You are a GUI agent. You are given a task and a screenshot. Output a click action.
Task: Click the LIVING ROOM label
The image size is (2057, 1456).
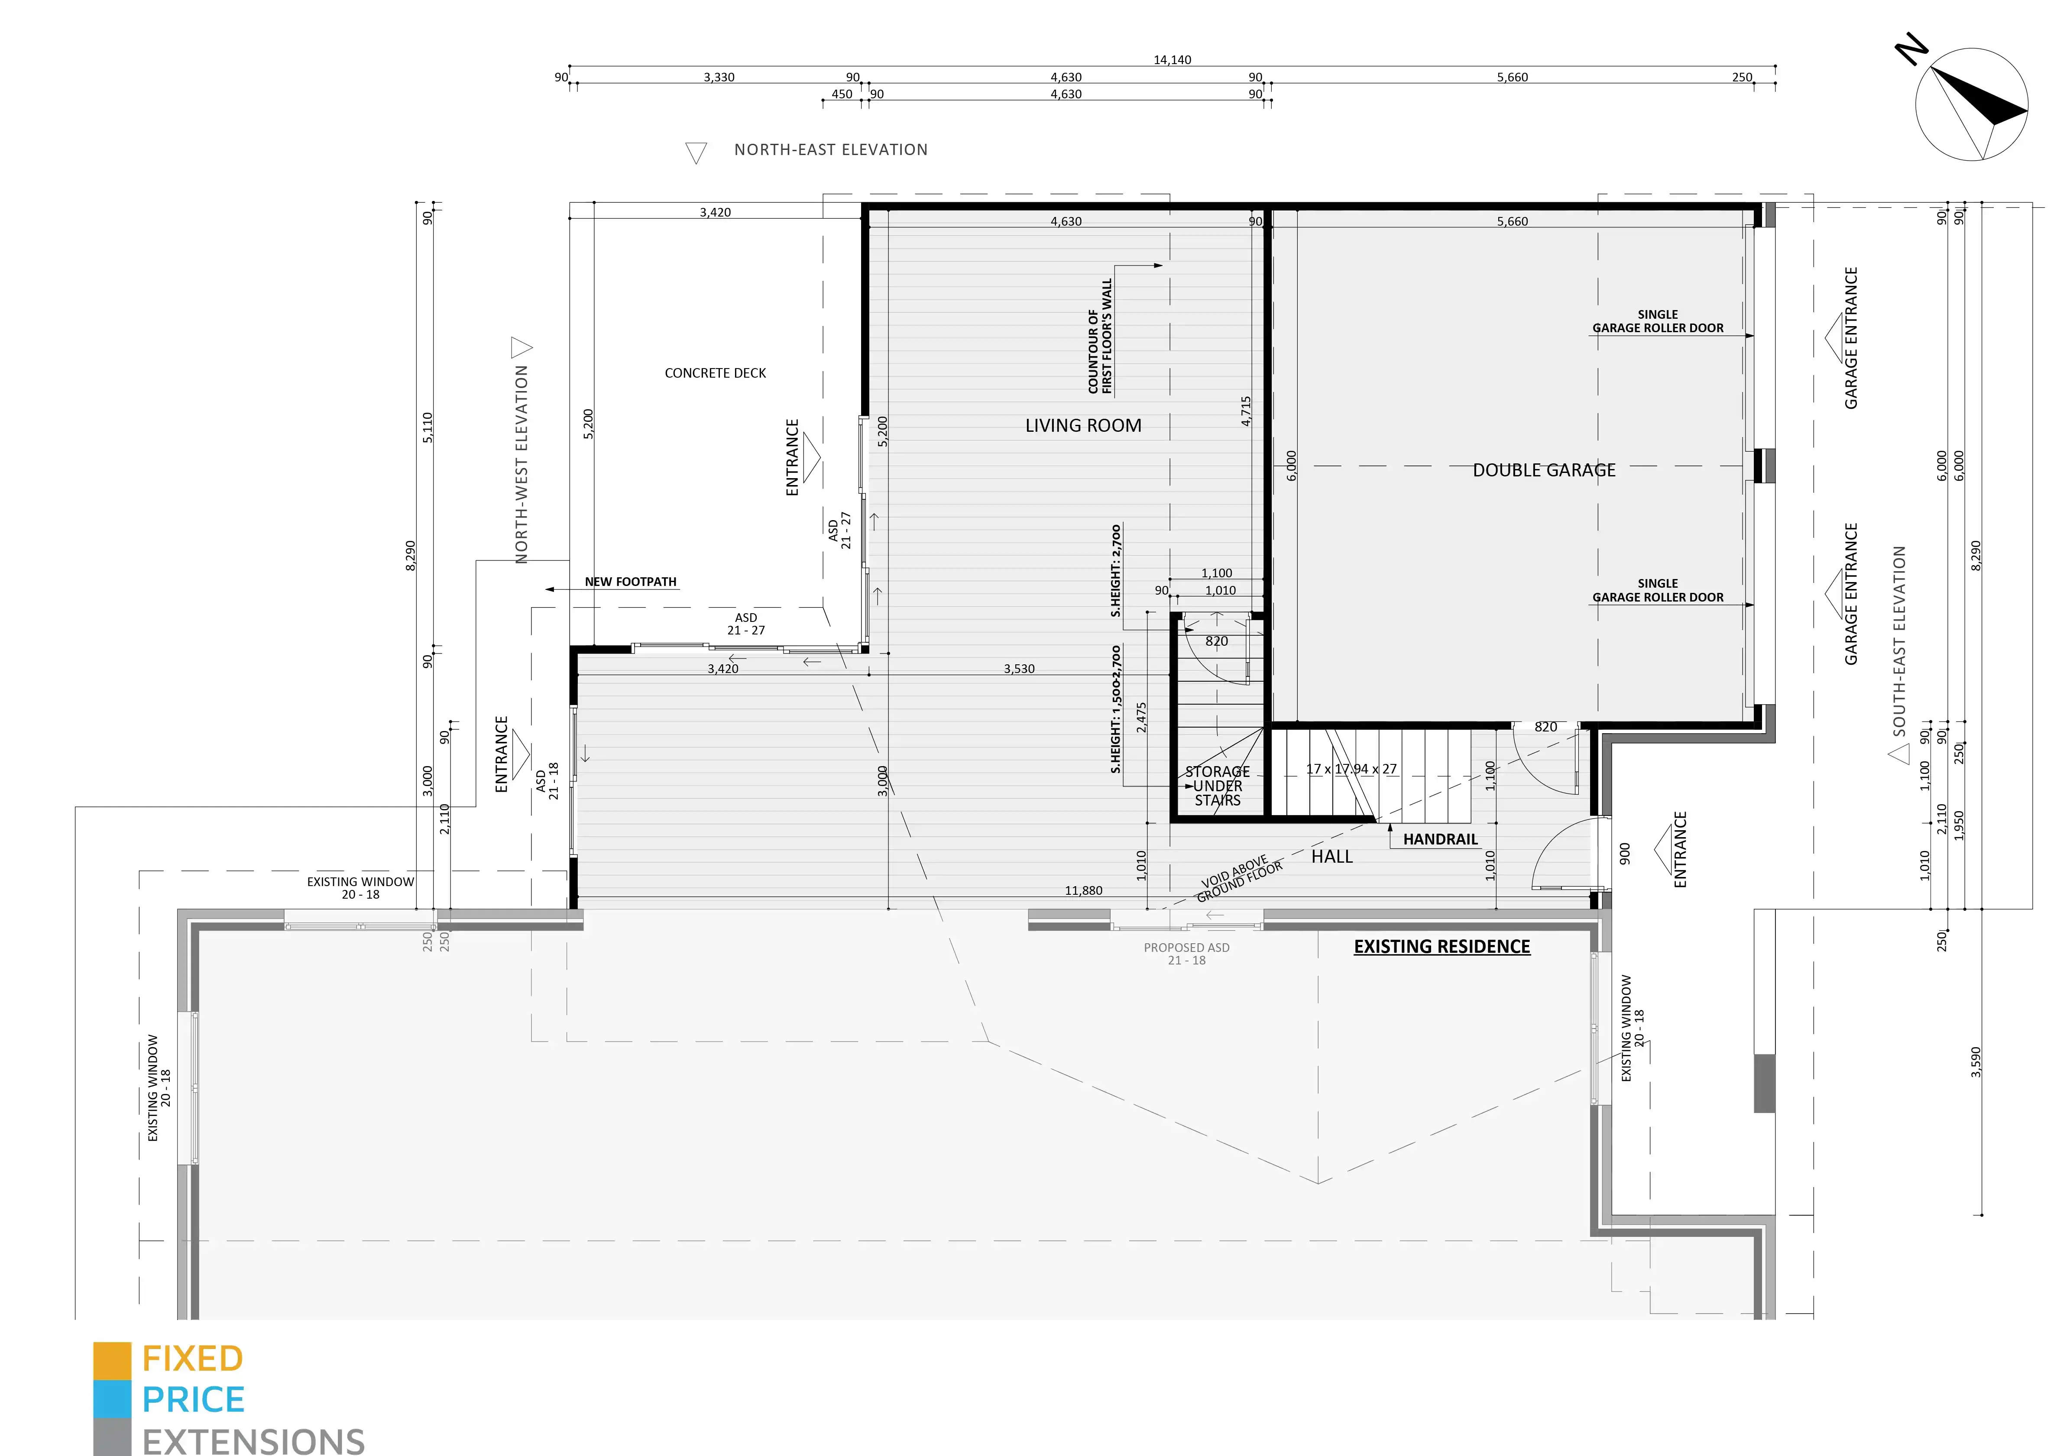coord(1083,426)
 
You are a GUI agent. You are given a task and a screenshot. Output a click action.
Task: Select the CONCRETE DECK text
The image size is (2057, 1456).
coord(716,373)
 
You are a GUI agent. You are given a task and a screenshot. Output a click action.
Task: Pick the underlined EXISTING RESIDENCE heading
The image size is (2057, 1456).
coord(1442,947)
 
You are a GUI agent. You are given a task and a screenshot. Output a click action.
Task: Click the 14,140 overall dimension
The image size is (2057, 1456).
coord(1172,60)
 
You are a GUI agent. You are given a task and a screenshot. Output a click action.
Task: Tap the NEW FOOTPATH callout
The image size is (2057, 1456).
coord(630,582)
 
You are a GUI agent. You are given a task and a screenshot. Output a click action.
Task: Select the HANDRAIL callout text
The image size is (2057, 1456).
coord(1440,839)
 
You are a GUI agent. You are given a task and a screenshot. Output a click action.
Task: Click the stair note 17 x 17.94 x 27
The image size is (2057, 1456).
coord(1351,769)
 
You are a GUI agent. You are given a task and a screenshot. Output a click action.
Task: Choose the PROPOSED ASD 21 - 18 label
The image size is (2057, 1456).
coord(1186,954)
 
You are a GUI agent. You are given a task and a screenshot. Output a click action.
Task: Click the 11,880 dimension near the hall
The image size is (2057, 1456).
coord(1083,890)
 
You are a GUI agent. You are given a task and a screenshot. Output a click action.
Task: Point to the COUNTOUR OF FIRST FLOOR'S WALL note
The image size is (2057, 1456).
coord(1099,336)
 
